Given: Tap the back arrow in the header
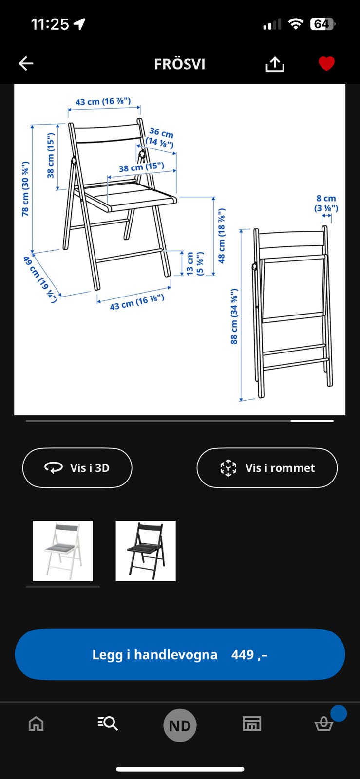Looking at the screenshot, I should point(26,63).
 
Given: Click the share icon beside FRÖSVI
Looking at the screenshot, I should point(275,64).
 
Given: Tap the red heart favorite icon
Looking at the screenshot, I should point(326,63).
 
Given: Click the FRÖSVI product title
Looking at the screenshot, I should point(180,64).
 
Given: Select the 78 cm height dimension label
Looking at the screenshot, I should point(25,189).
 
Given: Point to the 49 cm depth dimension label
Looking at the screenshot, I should point(40,279).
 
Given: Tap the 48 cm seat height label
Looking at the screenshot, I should point(222,236).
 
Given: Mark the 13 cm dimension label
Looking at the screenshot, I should point(194,264).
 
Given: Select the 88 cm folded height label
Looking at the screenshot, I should point(234,316).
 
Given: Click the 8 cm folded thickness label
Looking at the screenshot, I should point(326,203).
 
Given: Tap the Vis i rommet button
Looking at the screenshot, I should point(267,468).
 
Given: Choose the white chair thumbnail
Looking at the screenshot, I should point(62,551).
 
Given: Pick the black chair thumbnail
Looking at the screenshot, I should point(146,551).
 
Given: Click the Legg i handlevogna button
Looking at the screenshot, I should point(180,654).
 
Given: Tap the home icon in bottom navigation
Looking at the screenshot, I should point(36,724).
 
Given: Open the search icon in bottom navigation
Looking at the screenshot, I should point(108,724).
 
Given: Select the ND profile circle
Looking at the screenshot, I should point(180,725).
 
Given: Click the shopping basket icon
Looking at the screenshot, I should point(324,724).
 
